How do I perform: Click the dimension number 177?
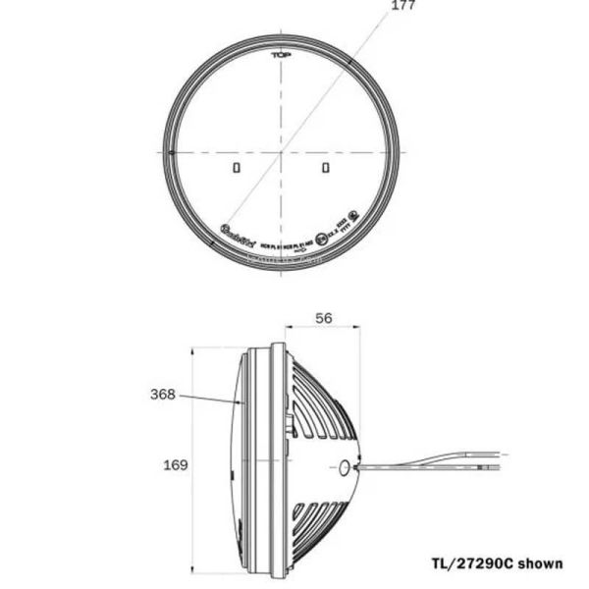coord(403,6)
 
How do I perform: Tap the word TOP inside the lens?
coord(283,56)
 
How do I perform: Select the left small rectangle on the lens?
coord(236,169)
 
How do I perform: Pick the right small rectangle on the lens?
coord(326,169)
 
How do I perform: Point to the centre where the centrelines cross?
coord(283,152)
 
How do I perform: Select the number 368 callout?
coord(163,395)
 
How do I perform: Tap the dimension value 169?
coord(175,464)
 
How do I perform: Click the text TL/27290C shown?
coord(497,563)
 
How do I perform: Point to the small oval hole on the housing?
coord(344,468)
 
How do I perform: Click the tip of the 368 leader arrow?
coord(241,402)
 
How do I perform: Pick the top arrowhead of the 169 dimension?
coord(194,348)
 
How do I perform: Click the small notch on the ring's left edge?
coord(171,152)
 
